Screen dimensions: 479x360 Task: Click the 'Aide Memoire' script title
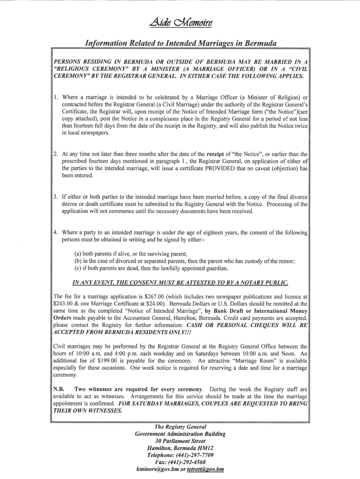(180, 26)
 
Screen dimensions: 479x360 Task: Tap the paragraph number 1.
(55, 97)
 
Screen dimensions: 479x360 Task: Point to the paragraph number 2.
(55, 154)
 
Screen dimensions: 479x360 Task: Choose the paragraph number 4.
(55, 232)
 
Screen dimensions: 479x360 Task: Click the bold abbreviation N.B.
(59, 389)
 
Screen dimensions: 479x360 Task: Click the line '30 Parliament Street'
(180, 441)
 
